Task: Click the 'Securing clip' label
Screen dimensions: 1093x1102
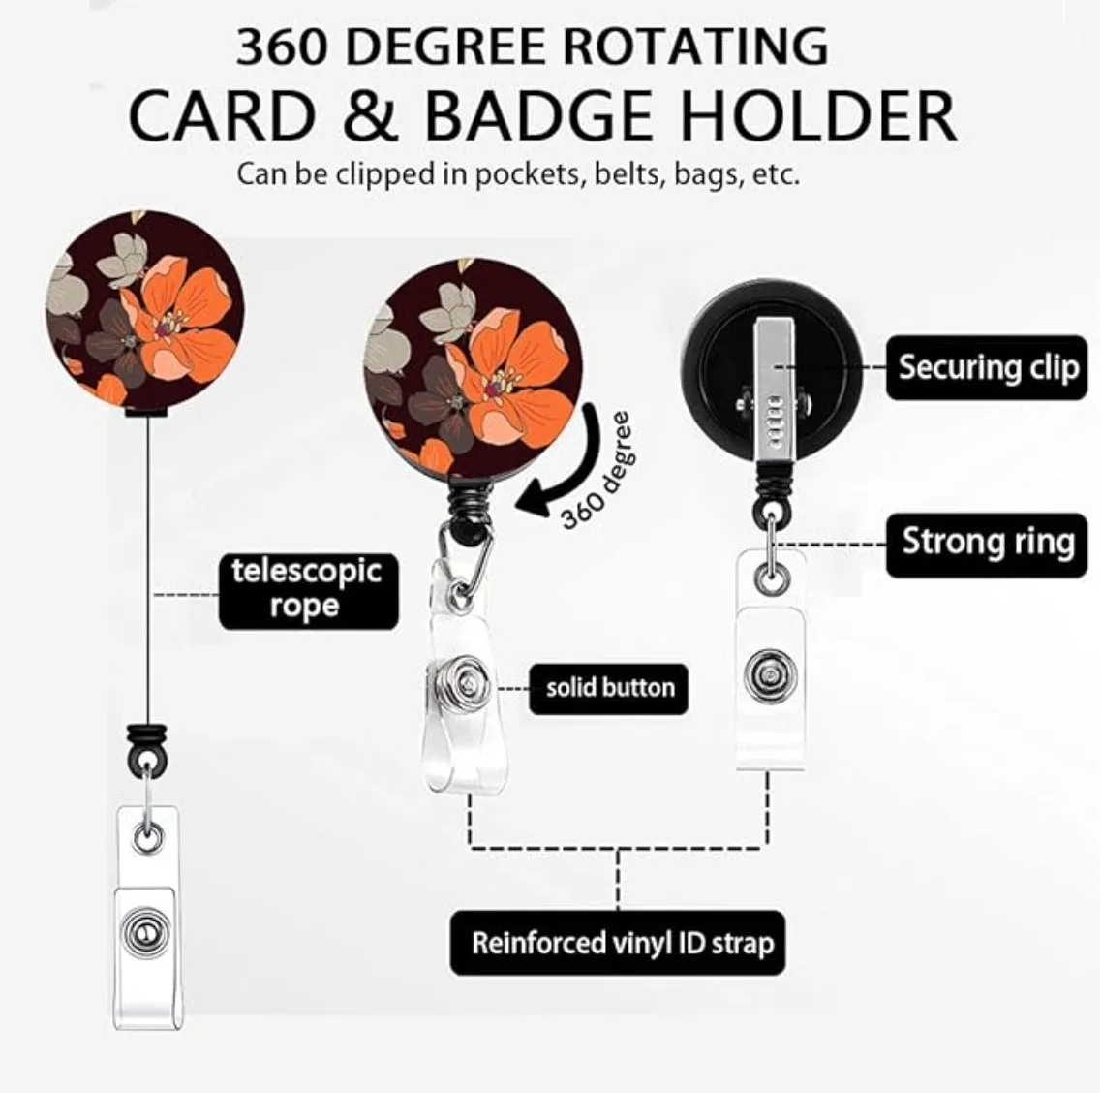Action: [987, 367]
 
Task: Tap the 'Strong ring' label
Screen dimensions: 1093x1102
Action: [987, 543]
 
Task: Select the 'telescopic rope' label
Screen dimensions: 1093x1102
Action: [306, 588]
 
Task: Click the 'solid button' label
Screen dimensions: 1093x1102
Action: [609, 688]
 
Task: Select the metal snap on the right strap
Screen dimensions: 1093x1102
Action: [768, 673]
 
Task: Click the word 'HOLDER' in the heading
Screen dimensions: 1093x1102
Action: [819, 115]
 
